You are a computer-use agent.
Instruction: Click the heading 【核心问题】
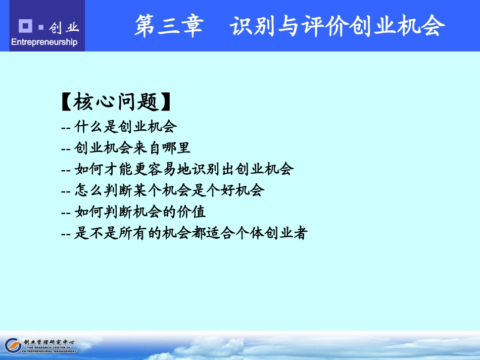click(115, 102)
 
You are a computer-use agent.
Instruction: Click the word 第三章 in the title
click(168, 26)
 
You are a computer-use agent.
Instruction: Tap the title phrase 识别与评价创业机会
click(338, 26)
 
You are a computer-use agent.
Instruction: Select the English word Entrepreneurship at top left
click(44, 42)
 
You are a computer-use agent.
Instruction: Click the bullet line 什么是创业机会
click(119, 126)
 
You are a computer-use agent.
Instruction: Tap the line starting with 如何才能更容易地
click(177, 169)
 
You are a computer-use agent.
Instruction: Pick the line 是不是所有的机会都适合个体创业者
click(184, 233)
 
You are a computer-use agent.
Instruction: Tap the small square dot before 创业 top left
click(41, 27)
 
